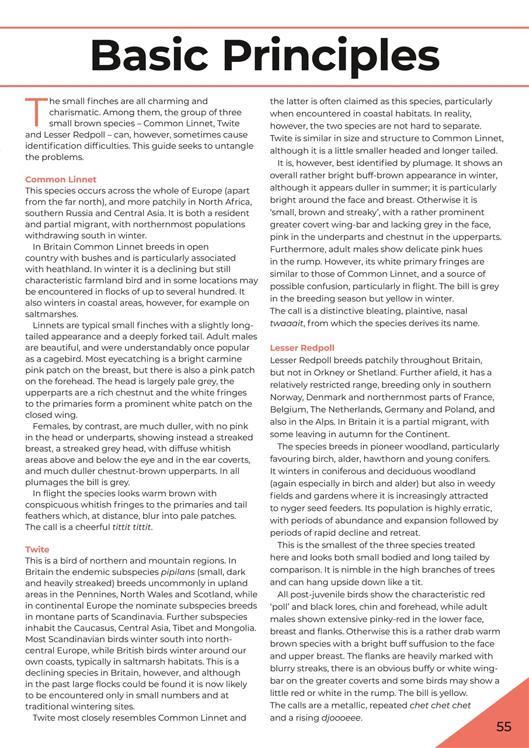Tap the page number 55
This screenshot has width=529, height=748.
(503, 726)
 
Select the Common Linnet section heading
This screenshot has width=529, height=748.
(61, 179)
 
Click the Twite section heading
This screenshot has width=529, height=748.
(37, 549)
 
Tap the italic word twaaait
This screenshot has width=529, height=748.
(287, 323)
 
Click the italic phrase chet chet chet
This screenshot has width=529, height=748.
(440, 705)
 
